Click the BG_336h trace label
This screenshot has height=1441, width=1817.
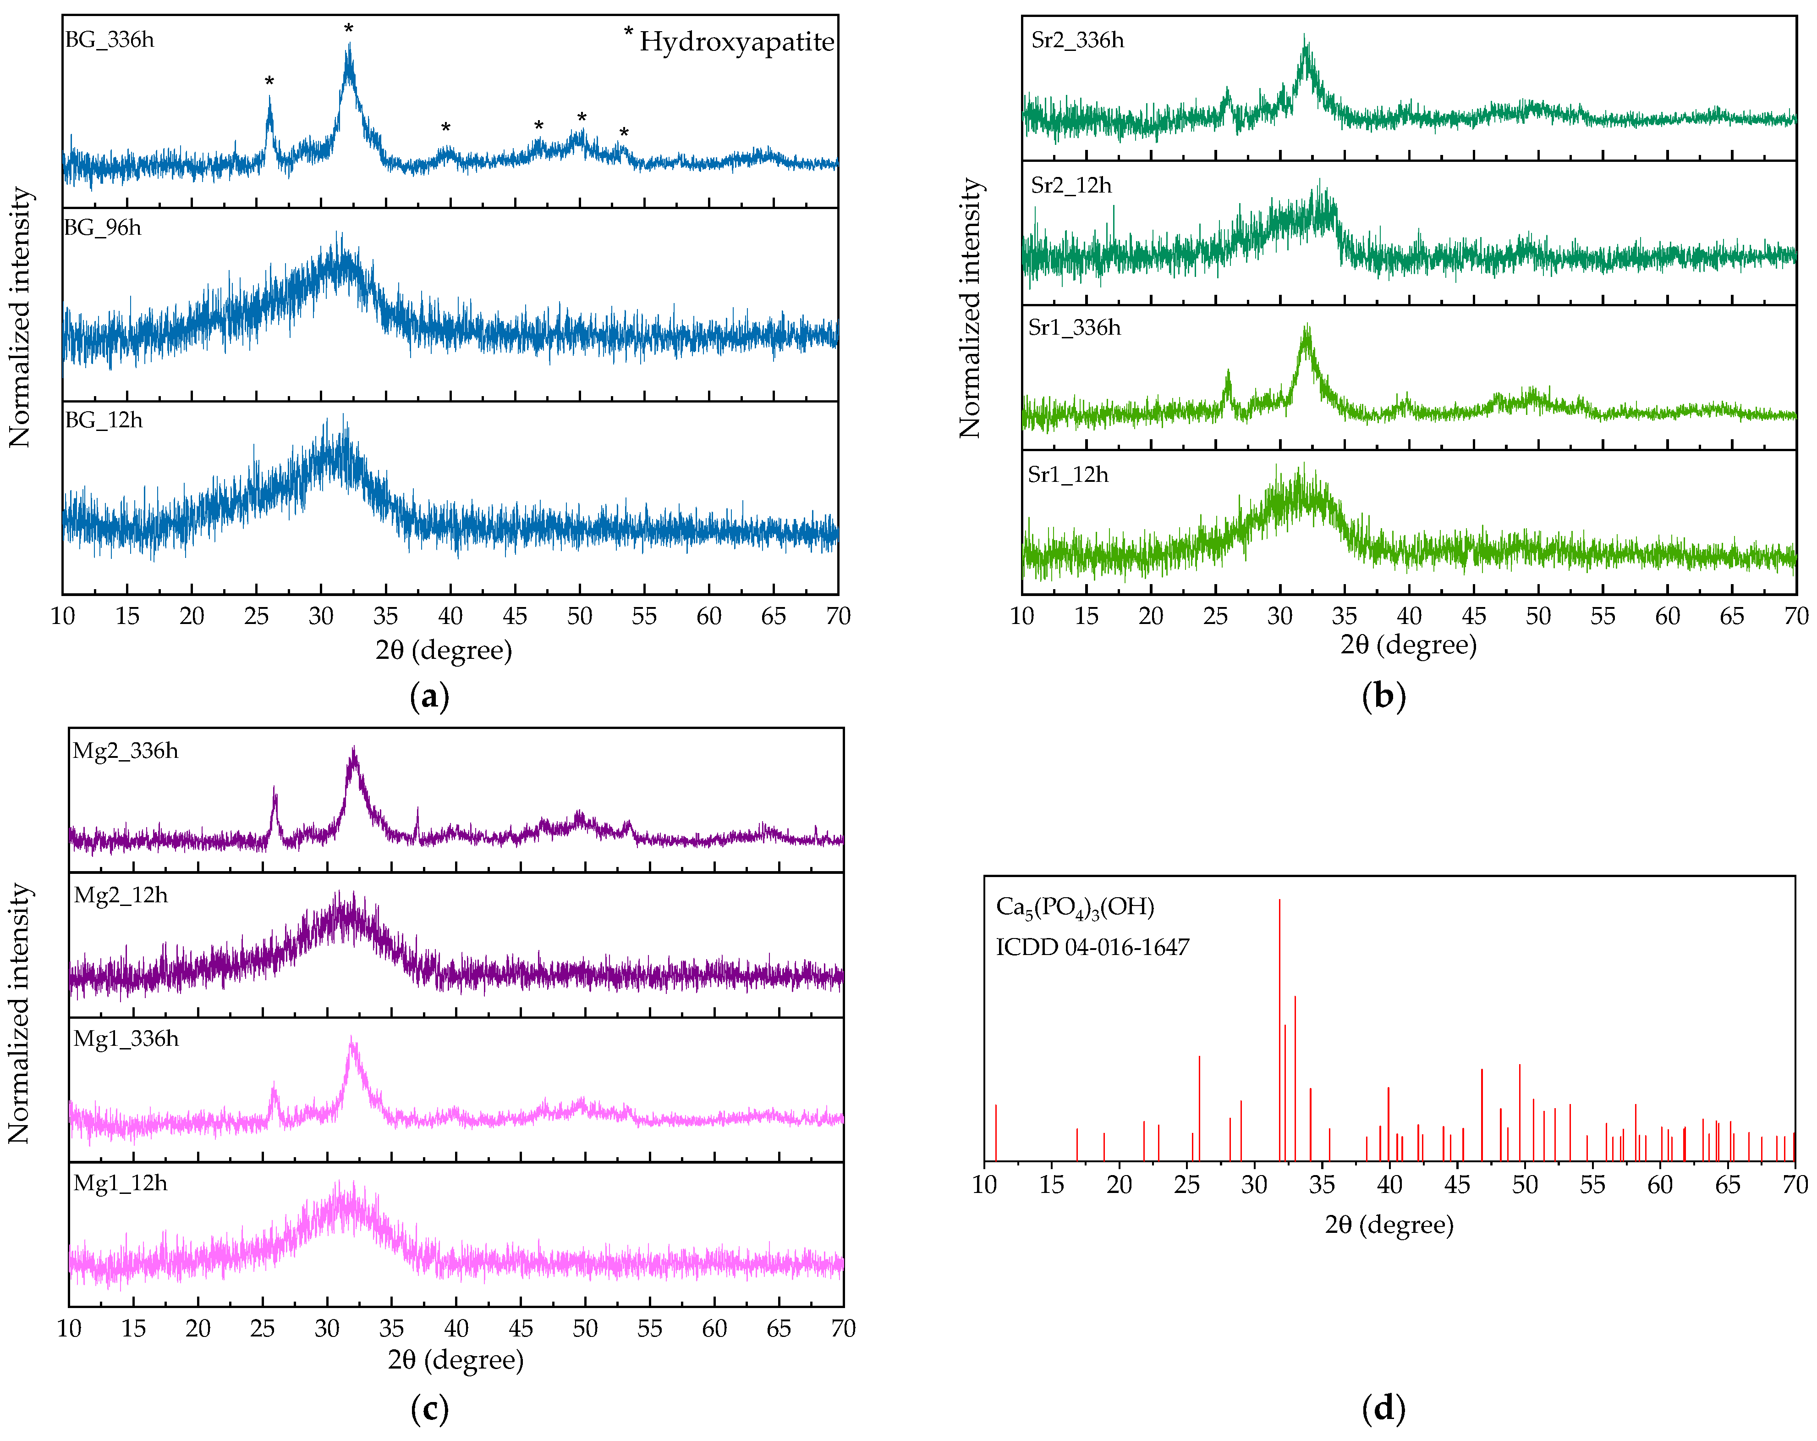coord(110,39)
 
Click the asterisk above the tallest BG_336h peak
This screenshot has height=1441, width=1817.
coord(348,29)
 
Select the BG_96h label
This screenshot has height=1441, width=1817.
coord(103,228)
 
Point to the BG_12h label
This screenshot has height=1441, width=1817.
coord(104,420)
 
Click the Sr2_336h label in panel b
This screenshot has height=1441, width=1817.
coord(1077,39)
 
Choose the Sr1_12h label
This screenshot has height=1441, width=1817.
coord(1068,475)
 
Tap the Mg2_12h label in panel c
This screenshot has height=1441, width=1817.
coord(121,894)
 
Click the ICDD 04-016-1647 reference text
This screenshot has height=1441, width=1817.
coord(1092,947)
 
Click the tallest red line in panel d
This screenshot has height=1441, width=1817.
coord(1279,1029)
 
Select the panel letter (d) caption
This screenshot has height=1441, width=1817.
coord(1383,1409)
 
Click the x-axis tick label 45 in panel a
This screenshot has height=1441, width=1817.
coord(515,616)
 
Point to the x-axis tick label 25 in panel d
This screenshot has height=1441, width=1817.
coord(1186,1185)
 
